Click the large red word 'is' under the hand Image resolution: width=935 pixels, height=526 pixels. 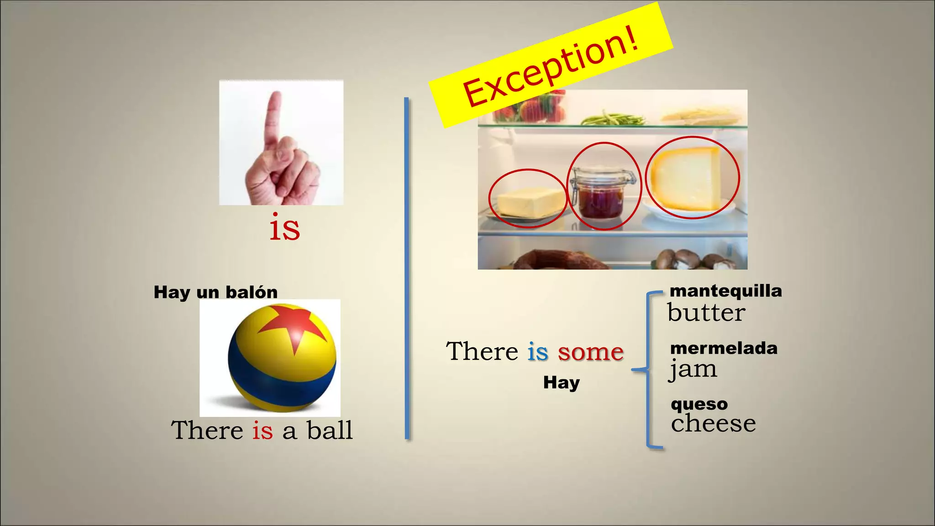(x=284, y=228)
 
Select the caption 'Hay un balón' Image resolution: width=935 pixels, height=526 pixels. (x=215, y=292)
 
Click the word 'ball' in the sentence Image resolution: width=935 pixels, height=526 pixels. (x=330, y=431)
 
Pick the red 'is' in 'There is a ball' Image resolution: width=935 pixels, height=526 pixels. (x=263, y=431)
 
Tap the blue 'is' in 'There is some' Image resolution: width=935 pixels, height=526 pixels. (x=537, y=352)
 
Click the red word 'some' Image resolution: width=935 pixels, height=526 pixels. (x=590, y=352)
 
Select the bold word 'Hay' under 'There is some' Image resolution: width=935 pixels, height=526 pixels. (x=561, y=383)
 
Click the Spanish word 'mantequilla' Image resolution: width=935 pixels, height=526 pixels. (x=725, y=291)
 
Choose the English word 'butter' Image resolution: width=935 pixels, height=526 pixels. (x=706, y=313)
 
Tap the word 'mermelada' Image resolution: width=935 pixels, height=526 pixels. (x=724, y=348)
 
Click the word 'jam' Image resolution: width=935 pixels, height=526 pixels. (x=693, y=369)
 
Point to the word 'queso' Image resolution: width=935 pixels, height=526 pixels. (x=699, y=404)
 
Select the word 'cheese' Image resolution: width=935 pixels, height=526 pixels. (x=713, y=423)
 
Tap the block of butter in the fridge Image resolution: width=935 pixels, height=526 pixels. (x=530, y=202)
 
